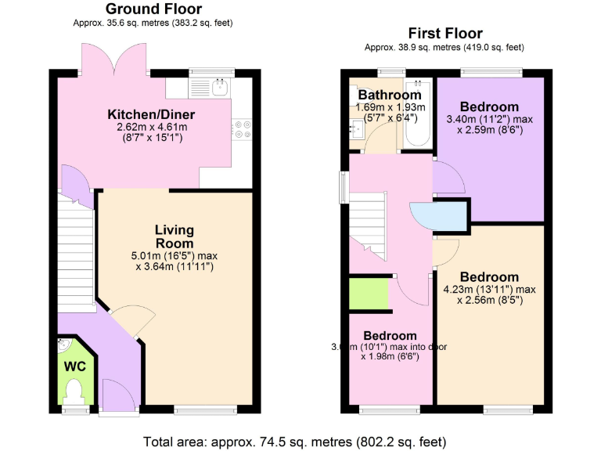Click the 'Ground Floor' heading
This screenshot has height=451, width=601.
[x=153, y=9]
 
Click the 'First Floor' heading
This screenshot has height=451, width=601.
[x=445, y=33]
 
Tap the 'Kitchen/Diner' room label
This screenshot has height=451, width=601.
[x=151, y=115]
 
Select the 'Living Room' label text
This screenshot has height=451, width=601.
[x=174, y=236]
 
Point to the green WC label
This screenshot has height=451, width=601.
[x=74, y=366]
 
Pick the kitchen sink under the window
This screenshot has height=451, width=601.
[x=220, y=85]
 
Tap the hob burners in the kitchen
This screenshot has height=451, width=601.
[x=242, y=128]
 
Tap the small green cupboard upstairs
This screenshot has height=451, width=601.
[x=369, y=292]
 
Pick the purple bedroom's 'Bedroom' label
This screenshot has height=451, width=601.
[x=489, y=106]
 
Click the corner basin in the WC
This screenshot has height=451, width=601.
[x=63, y=346]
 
